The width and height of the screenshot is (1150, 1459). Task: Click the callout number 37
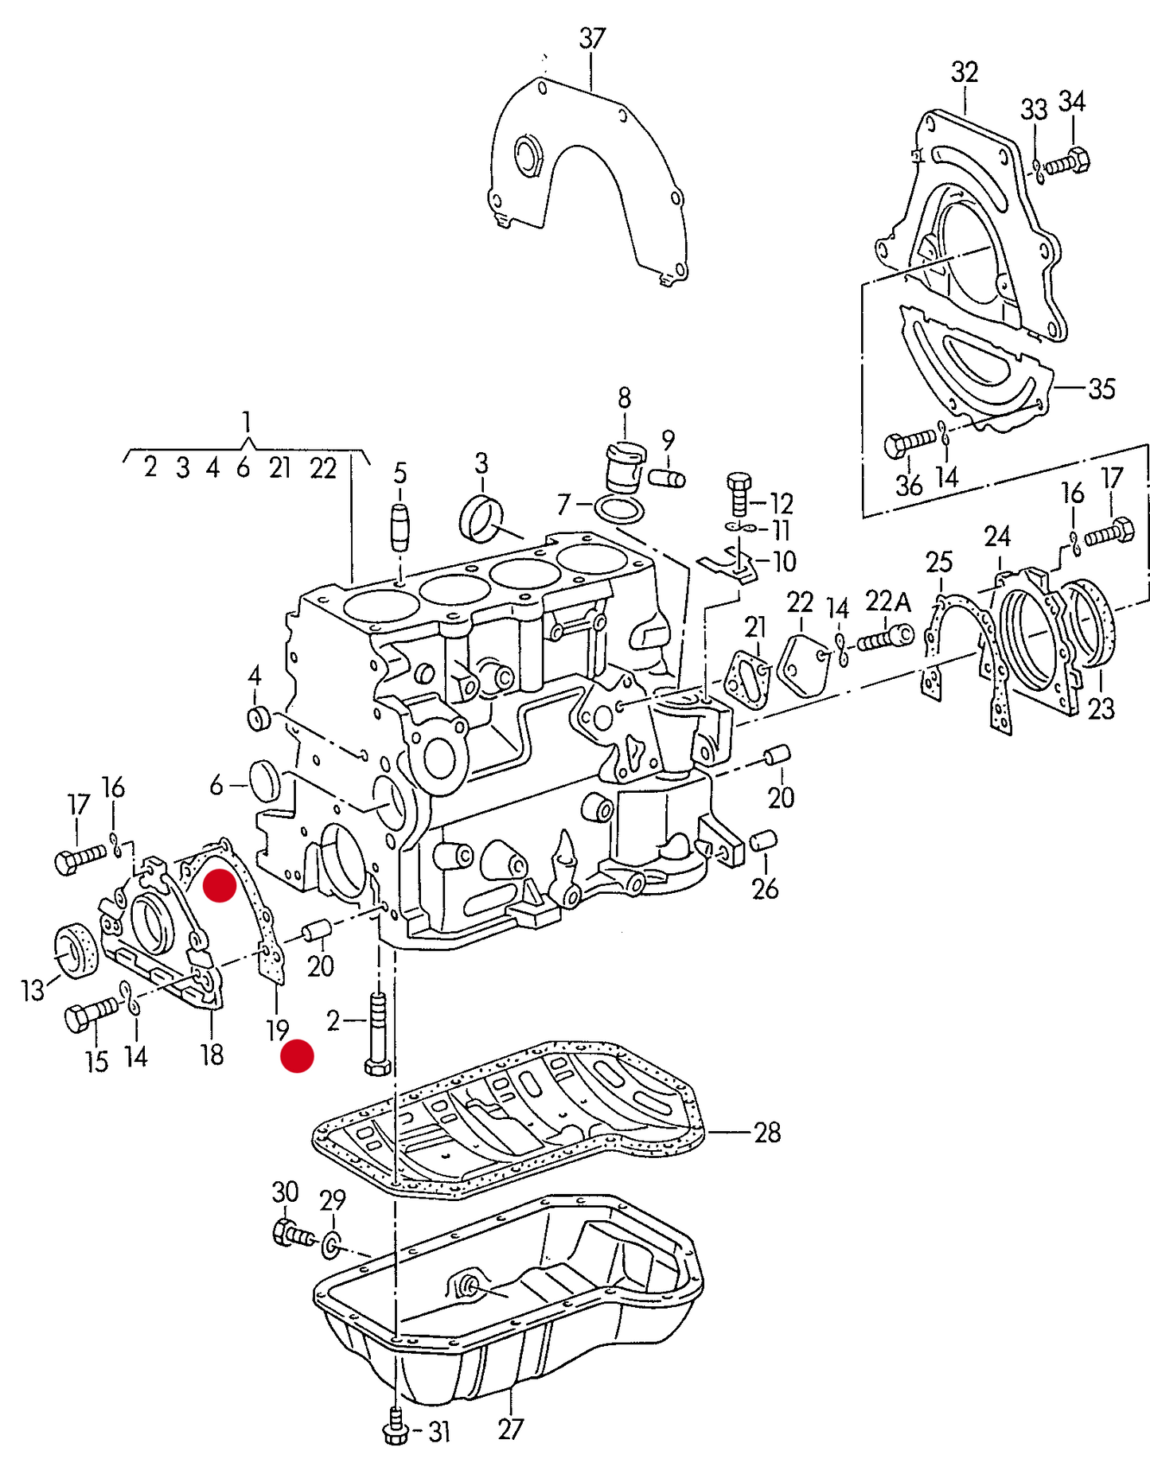click(x=592, y=38)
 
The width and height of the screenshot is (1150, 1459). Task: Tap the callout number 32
click(x=964, y=72)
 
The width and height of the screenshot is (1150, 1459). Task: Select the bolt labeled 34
click(x=1067, y=162)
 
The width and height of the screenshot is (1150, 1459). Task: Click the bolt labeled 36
click(x=908, y=443)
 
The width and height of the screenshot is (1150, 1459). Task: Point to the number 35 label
click(x=1101, y=388)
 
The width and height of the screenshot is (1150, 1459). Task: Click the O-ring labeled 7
click(x=619, y=509)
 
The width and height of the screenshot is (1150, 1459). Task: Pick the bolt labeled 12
click(x=739, y=493)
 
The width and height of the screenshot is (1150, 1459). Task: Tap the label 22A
click(x=887, y=601)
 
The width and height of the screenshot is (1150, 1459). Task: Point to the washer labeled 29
click(x=331, y=1245)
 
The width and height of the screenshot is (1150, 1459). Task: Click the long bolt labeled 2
click(x=376, y=1034)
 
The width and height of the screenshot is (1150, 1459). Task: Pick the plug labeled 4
click(x=259, y=718)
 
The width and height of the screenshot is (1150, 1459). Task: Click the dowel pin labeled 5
click(x=400, y=527)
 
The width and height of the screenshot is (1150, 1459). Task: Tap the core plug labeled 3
click(x=481, y=518)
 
